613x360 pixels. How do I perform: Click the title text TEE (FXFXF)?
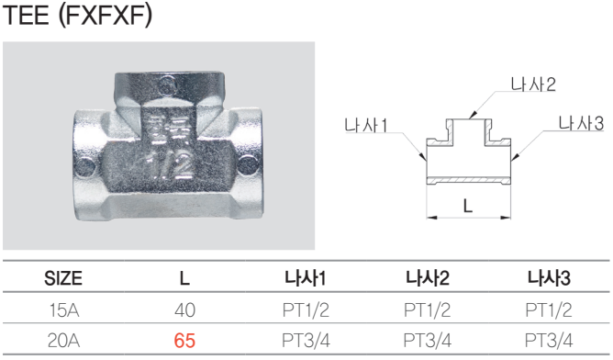77,15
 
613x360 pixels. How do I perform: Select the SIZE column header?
63,278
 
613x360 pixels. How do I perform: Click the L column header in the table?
184,278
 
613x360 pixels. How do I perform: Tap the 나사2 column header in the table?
428,278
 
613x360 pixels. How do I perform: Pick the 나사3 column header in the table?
549,278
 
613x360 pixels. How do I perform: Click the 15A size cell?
64,310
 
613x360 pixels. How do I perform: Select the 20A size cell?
63,341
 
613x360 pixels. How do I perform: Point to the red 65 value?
184,341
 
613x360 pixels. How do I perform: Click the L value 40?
184,310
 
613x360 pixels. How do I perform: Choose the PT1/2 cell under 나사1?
306,310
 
